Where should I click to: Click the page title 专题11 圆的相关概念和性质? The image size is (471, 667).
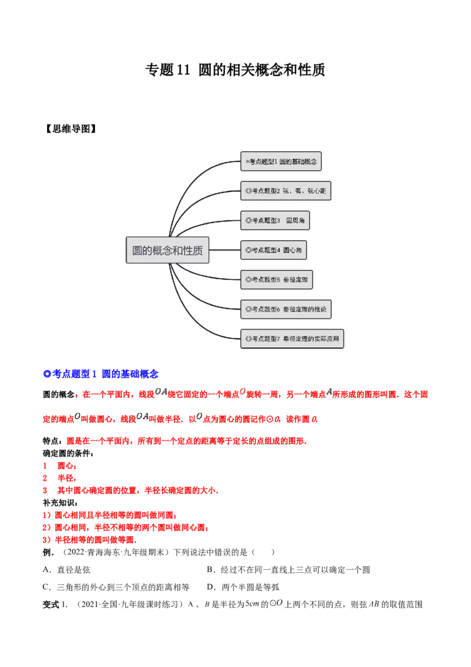coord(235,70)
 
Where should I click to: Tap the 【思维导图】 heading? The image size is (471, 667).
coord(71,129)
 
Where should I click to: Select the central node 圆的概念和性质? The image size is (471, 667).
coord(167,250)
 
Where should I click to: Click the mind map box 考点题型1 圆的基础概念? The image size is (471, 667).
coord(281,161)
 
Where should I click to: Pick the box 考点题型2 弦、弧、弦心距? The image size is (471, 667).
coord(286,191)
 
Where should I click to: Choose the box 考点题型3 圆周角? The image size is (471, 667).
coord(275,220)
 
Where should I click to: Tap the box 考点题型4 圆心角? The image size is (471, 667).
coord(273,250)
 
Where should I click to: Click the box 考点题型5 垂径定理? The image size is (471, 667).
coord(277,279)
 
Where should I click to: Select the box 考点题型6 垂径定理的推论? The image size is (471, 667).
coord(286,309)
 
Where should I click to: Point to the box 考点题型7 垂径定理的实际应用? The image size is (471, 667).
coord(292,339)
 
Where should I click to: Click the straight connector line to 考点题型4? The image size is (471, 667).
coord(225,250)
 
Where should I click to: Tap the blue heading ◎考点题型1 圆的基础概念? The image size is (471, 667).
coord(101,374)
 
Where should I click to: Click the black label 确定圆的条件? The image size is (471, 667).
coord(68,454)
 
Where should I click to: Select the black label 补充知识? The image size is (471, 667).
coord(60,503)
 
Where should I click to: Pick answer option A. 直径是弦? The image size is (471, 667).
coord(67,570)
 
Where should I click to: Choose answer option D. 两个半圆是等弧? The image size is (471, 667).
coord(243,587)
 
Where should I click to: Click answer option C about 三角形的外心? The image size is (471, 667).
coord(116,587)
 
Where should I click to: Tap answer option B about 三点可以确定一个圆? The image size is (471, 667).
coord(288,570)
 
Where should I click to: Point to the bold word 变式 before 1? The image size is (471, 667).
coord(51,605)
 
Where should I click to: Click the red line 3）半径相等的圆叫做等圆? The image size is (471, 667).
coord(89,540)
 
